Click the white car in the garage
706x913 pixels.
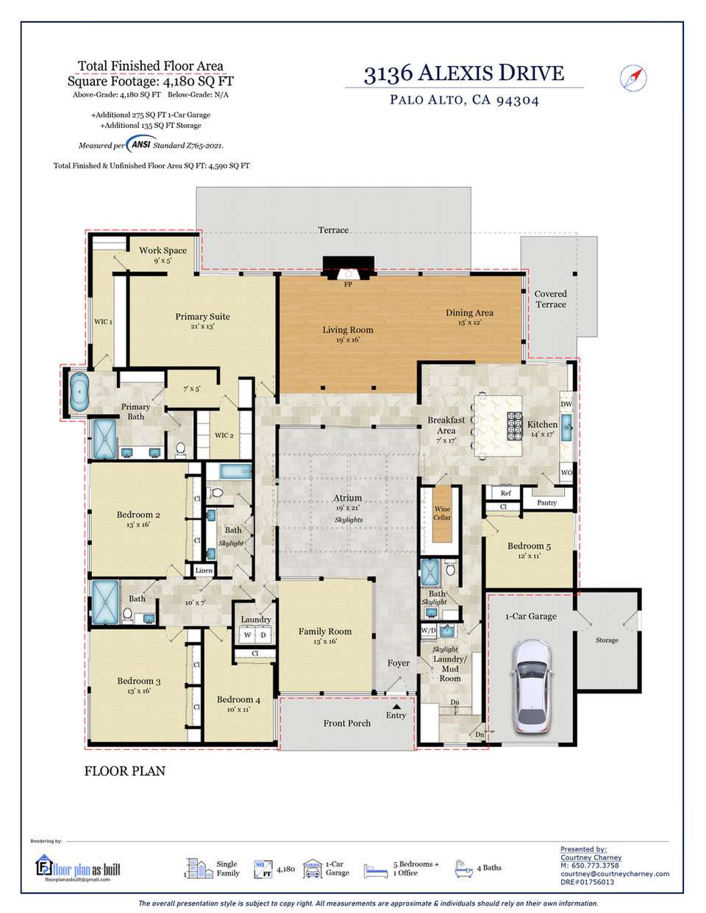coord(532,686)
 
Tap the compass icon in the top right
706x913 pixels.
coord(632,77)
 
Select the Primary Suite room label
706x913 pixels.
coord(202,317)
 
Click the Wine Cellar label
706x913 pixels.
coord(442,513)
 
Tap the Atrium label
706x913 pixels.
coord(347,498)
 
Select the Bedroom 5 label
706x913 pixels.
coord(529,546)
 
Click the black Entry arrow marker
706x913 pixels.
coord(396,706)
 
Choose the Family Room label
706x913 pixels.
coord(324,631)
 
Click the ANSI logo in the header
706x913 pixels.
coord(137,145)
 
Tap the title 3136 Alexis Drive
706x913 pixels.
coord(464,74)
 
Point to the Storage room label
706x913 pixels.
coord(607,640)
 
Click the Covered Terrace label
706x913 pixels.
coord(550,298)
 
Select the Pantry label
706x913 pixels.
coord(546,503)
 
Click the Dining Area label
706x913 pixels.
coord(469,313)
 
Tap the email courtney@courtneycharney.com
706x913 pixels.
coord(615,873)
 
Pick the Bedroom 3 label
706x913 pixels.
coord(138,681)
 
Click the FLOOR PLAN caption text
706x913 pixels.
coord(125,771)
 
